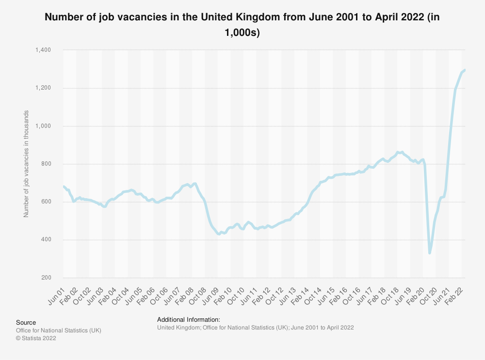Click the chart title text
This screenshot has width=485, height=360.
[242, 24]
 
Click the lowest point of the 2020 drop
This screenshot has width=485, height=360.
[430, 252]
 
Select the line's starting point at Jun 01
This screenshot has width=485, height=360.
[64, 187]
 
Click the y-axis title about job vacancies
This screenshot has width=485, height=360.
[26, 164]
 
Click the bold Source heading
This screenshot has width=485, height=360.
[26, 322]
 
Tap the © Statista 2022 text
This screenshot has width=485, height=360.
[36, 339]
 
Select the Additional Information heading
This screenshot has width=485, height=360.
[189, 319]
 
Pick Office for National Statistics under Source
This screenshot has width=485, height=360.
[59, 330]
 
